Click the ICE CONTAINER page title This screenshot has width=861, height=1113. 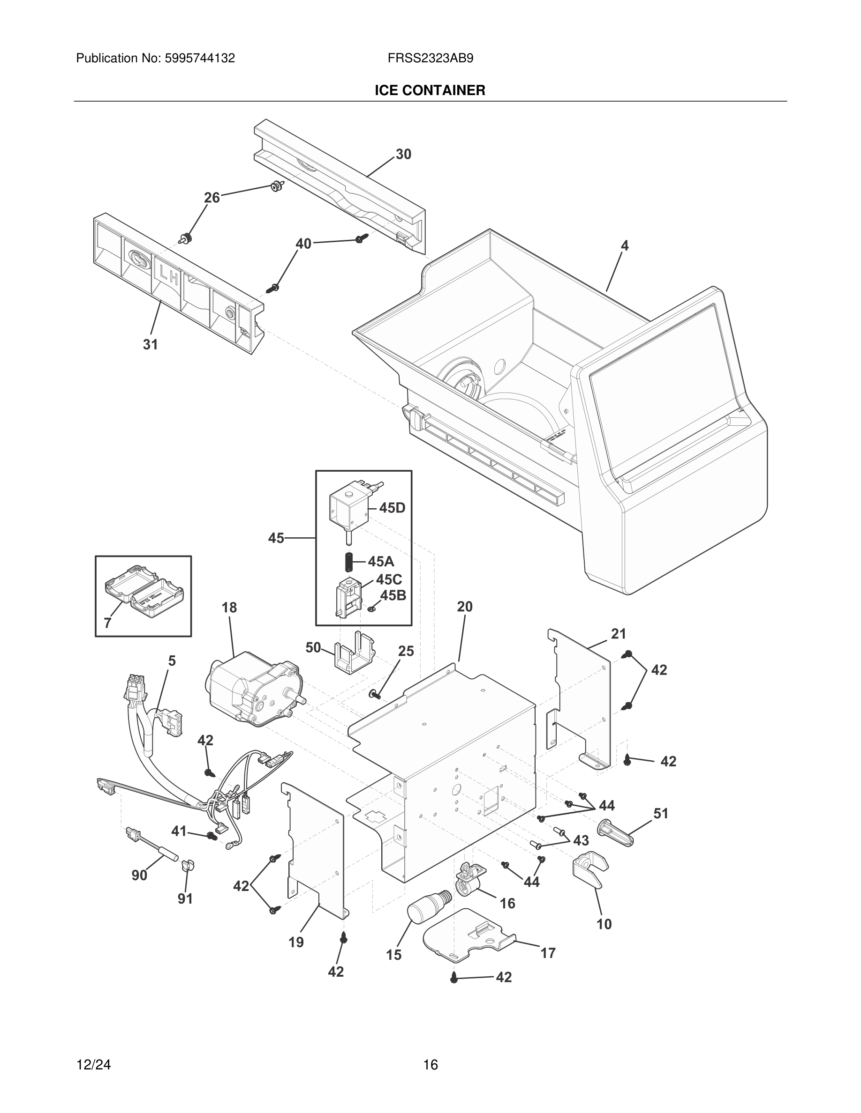(x=430, y=90)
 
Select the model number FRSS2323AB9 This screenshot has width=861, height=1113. (x=430, y=59)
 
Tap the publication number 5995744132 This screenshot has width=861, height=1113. (x=199, y=59)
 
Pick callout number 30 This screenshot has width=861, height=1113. (x=403, y=155)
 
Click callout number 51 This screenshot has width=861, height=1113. (x=661, y=813)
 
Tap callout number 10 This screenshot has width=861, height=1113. (x=604, y=924)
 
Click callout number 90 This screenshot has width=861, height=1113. (x=139, y=875)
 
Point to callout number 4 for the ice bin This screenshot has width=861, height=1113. (x=624, y=245)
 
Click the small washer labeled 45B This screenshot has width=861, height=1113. (x=371, y=609)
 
